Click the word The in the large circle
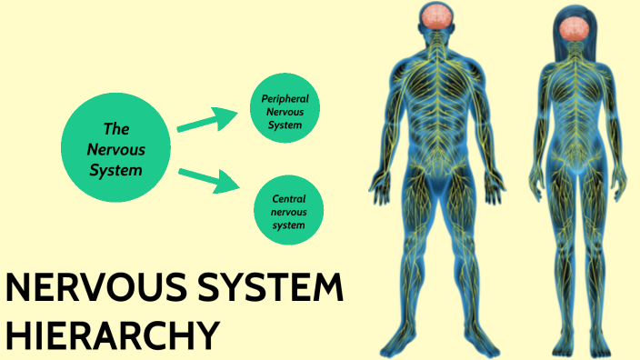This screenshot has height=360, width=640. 115,130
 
